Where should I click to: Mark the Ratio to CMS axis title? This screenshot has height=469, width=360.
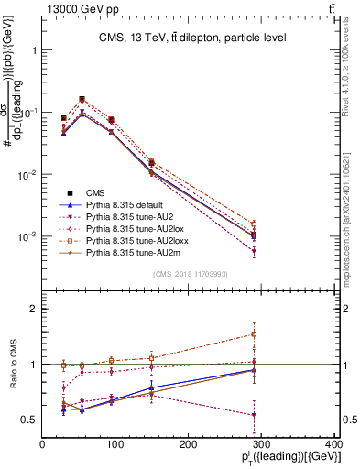pos(11,365)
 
